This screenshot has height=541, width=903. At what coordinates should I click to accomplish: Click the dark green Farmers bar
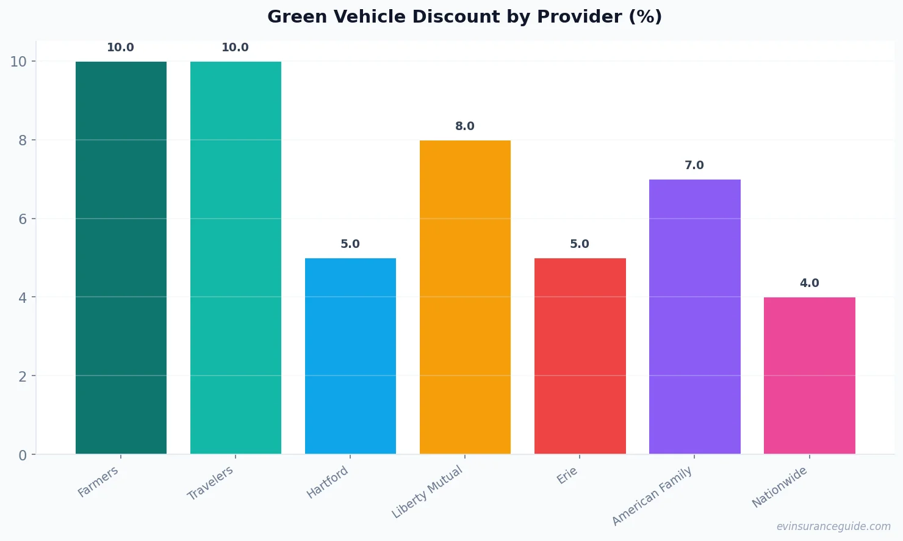(121, 258)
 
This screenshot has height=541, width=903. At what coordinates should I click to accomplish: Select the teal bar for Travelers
(236, 258)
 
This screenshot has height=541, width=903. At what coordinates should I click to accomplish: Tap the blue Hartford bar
(350, 356)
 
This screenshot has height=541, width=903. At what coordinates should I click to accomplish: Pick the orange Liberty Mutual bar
(465, 297)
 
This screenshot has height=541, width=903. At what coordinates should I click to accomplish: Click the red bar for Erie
(580, 356)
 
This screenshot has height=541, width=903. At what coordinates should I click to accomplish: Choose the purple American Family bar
(694, 316)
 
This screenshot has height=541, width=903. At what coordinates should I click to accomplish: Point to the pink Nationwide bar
(809, 376)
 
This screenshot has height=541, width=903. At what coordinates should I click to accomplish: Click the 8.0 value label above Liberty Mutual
(465, 126)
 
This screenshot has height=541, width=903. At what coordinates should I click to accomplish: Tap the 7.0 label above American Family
(694, 165)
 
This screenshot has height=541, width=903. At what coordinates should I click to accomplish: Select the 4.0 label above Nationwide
(809, 283)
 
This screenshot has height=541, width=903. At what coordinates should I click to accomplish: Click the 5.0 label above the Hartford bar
(350, 244)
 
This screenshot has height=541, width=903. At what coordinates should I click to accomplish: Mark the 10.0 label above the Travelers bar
(236, 48)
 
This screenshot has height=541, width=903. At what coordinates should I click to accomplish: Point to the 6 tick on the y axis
(23, 219)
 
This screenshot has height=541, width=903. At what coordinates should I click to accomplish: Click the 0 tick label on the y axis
(23, 455)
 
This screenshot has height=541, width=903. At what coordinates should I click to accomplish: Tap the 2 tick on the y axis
(23, 376)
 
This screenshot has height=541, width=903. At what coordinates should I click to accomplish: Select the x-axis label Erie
(567, 475)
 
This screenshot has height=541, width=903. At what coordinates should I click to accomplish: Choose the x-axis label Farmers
(98, 482)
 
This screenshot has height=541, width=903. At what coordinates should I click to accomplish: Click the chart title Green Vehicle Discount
(464, 16)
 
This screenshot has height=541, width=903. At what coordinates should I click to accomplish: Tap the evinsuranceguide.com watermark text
(833, 526)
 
